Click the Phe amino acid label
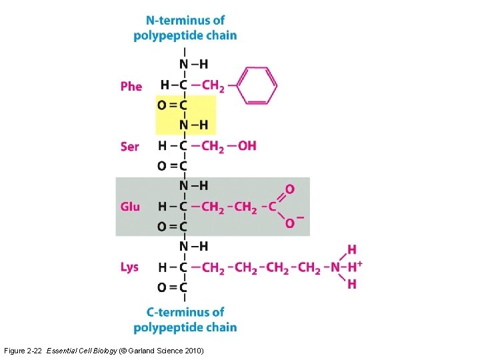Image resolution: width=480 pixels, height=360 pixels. [131, 87]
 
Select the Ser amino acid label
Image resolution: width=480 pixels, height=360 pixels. [130, 146]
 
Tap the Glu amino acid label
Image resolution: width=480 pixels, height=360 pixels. [130, 207]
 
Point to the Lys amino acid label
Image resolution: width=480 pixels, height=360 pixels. [129, 267]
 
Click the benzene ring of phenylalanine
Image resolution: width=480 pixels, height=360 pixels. [257, 85]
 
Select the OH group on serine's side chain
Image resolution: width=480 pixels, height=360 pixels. [246, 145]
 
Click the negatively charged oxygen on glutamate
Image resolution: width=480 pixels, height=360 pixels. [291, 223]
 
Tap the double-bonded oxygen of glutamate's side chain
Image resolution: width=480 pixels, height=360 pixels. [290, 189]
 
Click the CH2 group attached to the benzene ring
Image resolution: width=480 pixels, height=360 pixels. [213, 85]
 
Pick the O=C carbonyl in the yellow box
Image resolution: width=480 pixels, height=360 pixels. [172, 105]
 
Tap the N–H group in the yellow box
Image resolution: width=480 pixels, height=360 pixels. [193, 125]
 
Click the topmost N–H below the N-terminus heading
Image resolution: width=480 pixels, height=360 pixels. [193, 64]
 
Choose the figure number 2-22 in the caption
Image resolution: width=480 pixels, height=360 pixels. [35, 351]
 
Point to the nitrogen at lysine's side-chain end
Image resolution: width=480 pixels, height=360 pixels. [335, 267]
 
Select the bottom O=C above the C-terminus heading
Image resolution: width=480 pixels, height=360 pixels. [172, 287]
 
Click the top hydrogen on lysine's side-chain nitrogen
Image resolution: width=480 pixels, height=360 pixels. [351, 250]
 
